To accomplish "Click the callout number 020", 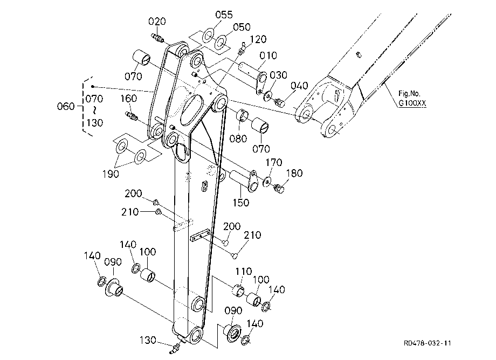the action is [157, 22].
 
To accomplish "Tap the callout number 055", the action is [224, 15].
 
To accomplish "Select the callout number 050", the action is [242, 27].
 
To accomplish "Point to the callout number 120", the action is [258, 39].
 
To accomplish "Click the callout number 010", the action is [268, 56].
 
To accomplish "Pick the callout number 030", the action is [278, 75].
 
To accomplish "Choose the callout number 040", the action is [299, 86].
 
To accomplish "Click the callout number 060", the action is [66, 106].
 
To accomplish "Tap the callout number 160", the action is [128, 99].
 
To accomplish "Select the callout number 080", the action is [238, 139].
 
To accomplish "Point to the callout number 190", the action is [111, 174].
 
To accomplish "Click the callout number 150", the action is [241, 203].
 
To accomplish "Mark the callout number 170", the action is [274, 162].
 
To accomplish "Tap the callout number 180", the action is [294, 173].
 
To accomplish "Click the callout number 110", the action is [243, 271].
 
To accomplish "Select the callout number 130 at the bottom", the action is [148, 340].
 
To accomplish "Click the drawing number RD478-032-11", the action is [428, 343].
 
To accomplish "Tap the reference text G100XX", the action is [412, 103].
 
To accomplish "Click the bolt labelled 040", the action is [280, 102].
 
